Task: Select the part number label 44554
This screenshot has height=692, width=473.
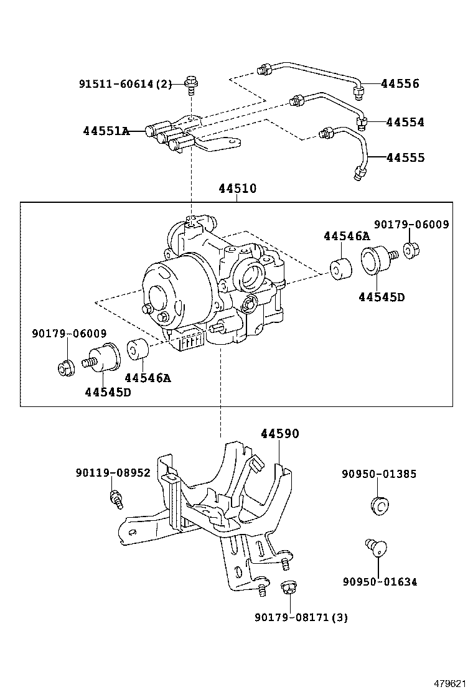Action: click(x=405, y=123)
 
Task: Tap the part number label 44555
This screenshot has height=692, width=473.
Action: click(x=405, y=158)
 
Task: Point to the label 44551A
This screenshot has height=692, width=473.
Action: click(x=106, y=131)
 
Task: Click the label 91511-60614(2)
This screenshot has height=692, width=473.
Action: click(x=125, y=84)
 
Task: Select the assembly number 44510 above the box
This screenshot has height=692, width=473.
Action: click(x=237, y=189)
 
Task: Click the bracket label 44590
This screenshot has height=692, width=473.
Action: click(x=279, y=434)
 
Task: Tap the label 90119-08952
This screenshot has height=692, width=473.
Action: click(x=113, y=473)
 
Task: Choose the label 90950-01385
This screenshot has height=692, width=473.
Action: click(x=379, y=474)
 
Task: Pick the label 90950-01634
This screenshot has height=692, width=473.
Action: click(x=379, y=582)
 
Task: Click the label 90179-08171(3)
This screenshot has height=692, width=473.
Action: click(x=301, y=617)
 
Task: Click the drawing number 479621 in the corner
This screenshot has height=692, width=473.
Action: click(x=449, y=683)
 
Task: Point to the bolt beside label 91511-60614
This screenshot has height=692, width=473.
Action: click(x=190, y=85)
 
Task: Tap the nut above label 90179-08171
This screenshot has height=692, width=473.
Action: click(x=288, y=587)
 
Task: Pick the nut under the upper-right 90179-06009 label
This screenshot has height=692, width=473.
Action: click(x=411, y=250)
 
